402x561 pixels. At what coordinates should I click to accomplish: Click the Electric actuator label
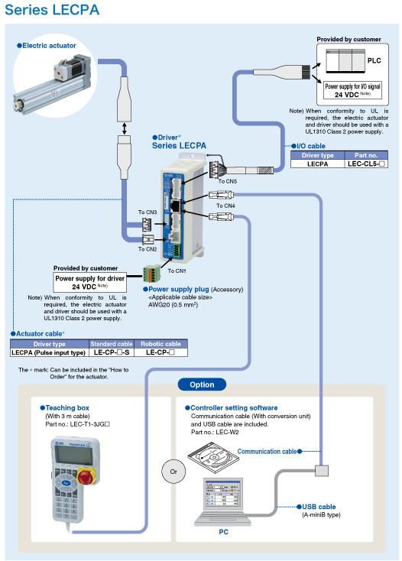pyautogui.click(x=47, y=46)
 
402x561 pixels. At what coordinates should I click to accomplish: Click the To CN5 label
pyautogui.click(x=228, y=181)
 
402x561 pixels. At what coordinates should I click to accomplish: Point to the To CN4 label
pyautogui.click(x=226, y=206)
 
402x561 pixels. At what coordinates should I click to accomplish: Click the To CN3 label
pyautogui.click(x=147, y=212)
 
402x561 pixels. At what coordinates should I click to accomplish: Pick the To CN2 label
pyautogui.click(x=148, y=248)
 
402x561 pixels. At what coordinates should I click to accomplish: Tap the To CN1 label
pyautogui.click(x=177, y=271)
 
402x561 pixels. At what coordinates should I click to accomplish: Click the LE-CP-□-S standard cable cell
pyautogui.click(x=111, y=353)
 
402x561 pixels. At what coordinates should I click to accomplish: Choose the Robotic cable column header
pyautogui.click(x=159, y=344)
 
